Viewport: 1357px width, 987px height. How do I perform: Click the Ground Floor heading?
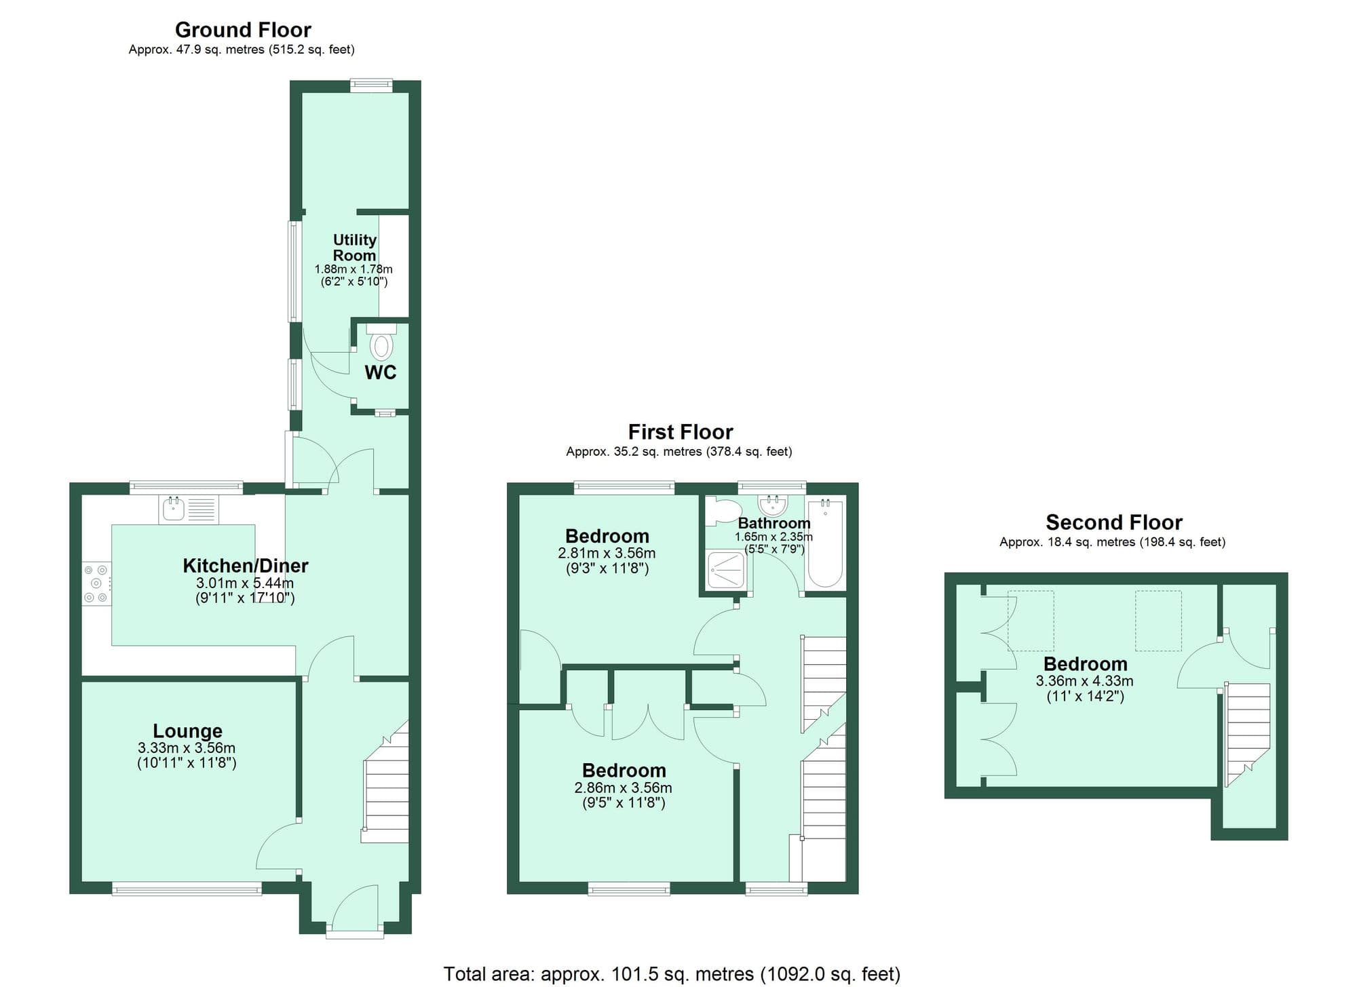pyautogui.click(x=243, y=30)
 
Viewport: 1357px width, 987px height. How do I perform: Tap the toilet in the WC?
pyautogui.click(x=381, y=345)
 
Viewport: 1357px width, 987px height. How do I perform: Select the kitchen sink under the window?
pyautogui.click(x=174, y=509)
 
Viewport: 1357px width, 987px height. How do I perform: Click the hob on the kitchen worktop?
pyautogui.click(x=96, y=583)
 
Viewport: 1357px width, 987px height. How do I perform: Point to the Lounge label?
pyautogui.click(x=187, y=731)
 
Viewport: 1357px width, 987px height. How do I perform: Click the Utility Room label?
pyautogui.click(x=354, y=248)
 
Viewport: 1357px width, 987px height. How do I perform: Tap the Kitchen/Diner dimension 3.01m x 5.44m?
pyautogui.click(x=245, y=583)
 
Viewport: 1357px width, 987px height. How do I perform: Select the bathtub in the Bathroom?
pyautogui.click(x=825, y=544)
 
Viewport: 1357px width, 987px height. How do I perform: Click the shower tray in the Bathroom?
pyautogui.click(x=725, y=570)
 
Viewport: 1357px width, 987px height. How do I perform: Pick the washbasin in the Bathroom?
pyautogui.click(x=772, y=505)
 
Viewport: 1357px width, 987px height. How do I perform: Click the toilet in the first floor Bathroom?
pyautogui.click(x=721, y=512)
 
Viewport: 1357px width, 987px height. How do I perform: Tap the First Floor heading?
pyautogui.click(x=680, y=432)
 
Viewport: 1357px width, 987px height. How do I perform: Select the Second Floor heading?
pyautogui.click(x=1113, y=522)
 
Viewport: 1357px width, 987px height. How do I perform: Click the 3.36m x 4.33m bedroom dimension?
pyautogui.click(x=1084, y=681)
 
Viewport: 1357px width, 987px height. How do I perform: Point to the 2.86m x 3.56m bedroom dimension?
pyautogui.click(x=623, y=788)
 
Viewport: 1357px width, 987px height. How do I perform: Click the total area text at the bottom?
pyautogui.click(x=672, y=974)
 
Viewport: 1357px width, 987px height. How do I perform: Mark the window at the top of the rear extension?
pyautogui.click(x=371, y=85)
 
